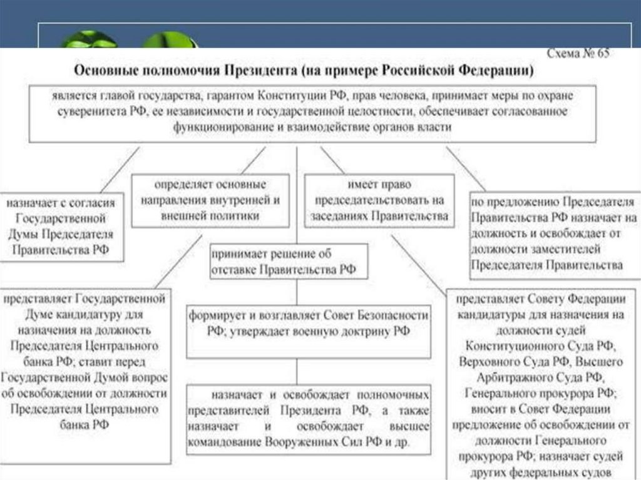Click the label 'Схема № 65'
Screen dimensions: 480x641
tap(577, 54)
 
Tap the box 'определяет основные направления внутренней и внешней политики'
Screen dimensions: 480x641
tap(210, 201)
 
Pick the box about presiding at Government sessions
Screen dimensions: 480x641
tap(379, 201)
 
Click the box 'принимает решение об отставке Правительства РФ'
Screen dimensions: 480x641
tap(288, 262)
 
